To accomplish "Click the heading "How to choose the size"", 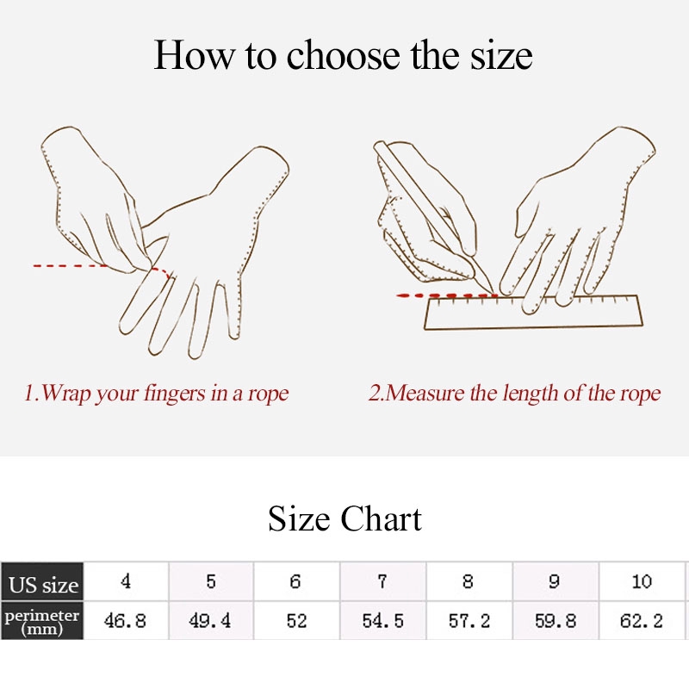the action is coord(343,55).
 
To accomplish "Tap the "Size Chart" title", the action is coord(345,518).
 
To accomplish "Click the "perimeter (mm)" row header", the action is coord(42,620).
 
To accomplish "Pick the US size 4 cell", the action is coord(126,581).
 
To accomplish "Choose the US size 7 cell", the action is coord(382,581).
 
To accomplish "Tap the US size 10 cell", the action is coord(642,581).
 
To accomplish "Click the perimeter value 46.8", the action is coord(125,620).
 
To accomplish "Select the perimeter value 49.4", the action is coord(210,620).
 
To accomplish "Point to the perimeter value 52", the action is coord(296,620).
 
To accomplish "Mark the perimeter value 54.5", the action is coord(382,620).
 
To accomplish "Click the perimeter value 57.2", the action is coord(469,620).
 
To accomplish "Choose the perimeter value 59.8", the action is coord(556,620).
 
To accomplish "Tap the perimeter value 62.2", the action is coord(642,620).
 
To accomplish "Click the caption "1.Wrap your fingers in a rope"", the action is coord(157,394).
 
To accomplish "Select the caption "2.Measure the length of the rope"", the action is coord(514,394).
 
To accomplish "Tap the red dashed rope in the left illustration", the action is coord(102,267).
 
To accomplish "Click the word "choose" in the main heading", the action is coord(343,56).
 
